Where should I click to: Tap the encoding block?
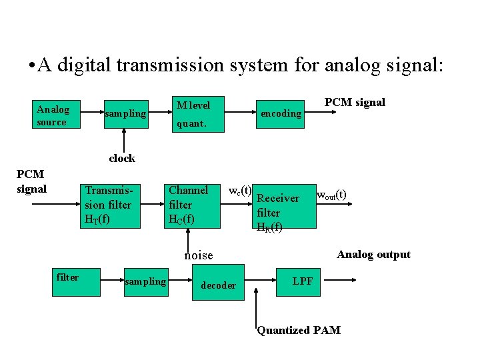coord(281,113)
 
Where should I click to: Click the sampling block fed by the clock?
coord(125,114)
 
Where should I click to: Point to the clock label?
coord(122,158)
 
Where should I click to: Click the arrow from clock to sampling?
coord(122,141)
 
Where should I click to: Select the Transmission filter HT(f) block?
coord(109,205)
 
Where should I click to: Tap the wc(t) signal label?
coord(240,191)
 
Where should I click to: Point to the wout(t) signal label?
coord(331,195)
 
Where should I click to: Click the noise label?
coord(198,255)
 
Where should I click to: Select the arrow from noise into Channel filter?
coord(189,237)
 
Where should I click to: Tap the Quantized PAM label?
coord(299,330)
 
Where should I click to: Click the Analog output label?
coord(373,254)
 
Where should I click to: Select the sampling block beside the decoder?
coord(145,281)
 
